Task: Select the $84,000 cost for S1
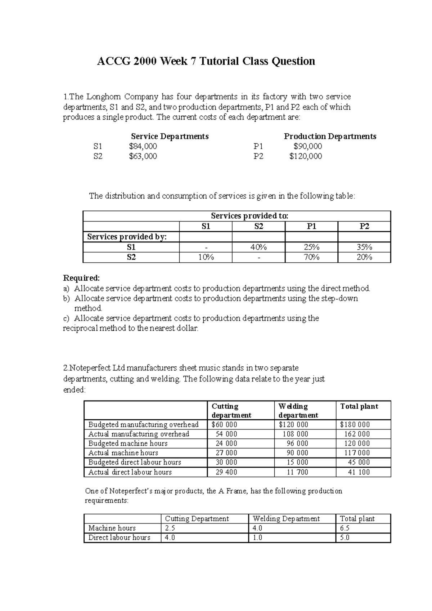[143, 146]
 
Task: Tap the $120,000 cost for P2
[306, 156]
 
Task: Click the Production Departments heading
[330, 136]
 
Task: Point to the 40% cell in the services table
[258, 247]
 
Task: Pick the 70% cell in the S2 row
[311, 257]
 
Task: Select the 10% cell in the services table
[206, 257]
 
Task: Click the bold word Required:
[81, 278]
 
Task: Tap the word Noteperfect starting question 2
[90, 368]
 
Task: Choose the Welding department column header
[298, 410]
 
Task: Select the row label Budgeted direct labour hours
[135, 462]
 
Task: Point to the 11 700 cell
[297, 472]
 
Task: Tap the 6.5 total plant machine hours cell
[345, 528]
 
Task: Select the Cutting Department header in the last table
[197, 519]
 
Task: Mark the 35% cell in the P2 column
[364, 247]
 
